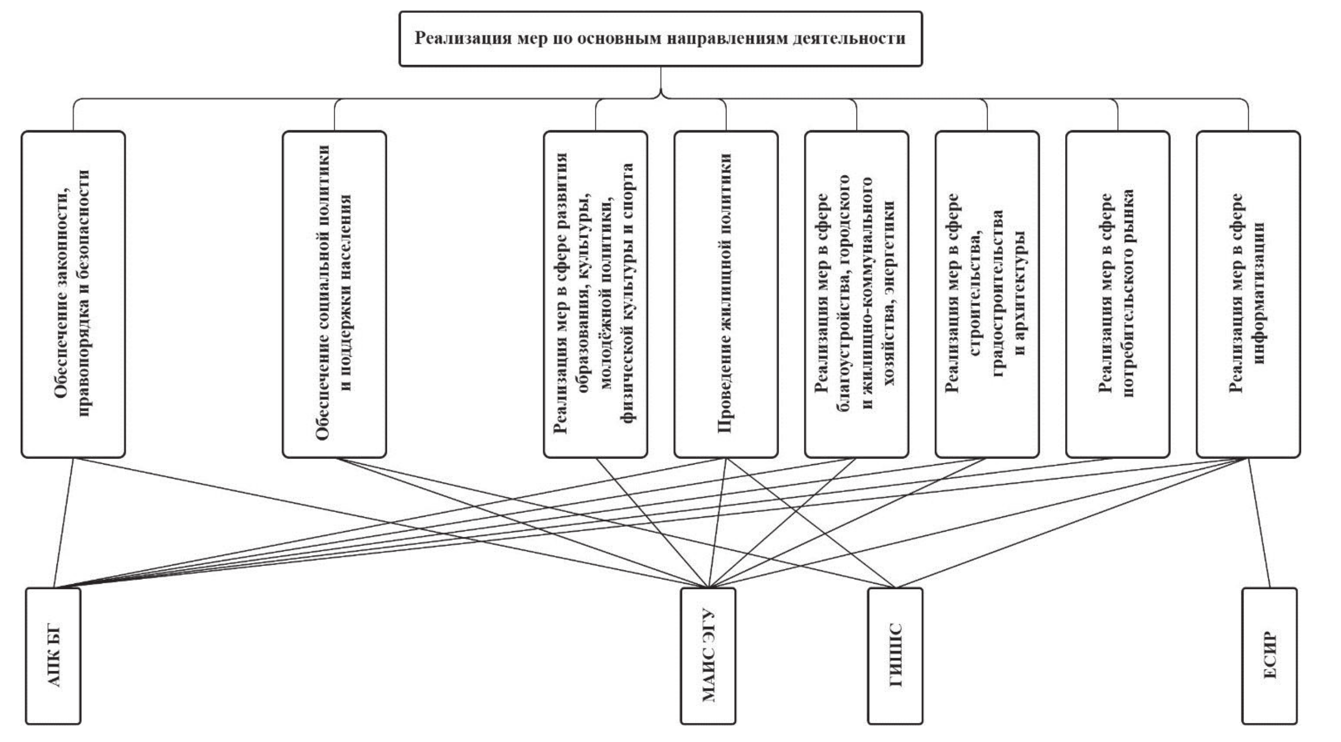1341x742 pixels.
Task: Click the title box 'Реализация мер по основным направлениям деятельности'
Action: point(660,39)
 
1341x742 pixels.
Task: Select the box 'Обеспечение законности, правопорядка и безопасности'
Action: point(73,294)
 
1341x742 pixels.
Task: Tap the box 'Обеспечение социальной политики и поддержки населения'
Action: point(334,294)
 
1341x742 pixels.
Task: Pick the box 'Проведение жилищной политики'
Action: point(725,294)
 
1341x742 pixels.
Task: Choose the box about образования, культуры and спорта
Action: point(595,294)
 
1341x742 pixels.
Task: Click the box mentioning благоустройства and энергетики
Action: point(857,294)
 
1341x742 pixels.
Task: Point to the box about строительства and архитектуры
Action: point(987,294)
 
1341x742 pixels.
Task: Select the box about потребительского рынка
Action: point(1118,294)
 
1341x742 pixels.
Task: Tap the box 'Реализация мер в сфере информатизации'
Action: point(1248,294)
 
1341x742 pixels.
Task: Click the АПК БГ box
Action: point(53,655)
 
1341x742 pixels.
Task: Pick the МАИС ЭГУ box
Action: point(708,655)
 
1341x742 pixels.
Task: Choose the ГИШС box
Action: point(895,655)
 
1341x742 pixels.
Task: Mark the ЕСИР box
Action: point(1269,655)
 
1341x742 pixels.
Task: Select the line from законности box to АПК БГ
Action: point(64,523)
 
